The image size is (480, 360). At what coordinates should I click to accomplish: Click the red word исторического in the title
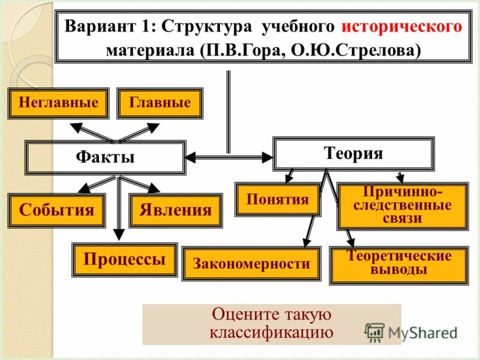point(402,27)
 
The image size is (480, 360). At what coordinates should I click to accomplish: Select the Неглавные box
point(58,103)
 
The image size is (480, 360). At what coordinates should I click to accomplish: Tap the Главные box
point(160,103)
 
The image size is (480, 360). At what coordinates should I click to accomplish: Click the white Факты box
point(105,158)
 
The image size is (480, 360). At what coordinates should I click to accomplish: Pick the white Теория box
point(353,154)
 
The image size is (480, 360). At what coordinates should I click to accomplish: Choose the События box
point(56,211)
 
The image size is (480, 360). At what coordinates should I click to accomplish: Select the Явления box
point(175,211)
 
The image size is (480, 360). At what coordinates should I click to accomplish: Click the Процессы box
point(125,259)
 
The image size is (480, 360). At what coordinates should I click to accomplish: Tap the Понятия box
point(277,200)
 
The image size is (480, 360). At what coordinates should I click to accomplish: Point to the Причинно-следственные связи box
point(403,206)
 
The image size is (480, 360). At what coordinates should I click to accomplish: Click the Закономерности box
point(251,263)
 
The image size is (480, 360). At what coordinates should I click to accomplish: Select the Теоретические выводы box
point(399,264)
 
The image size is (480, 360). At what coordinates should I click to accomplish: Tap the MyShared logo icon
point(375,332)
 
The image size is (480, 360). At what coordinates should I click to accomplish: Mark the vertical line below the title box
point(228,111)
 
